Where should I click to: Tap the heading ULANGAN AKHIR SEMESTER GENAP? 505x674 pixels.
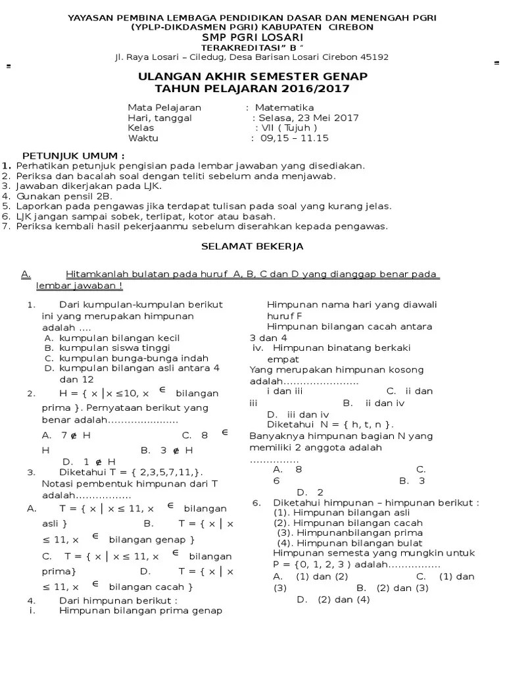coord(252,77)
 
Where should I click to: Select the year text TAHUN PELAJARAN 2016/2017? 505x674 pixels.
coord(252,89)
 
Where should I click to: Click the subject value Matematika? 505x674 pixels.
coord(284,107)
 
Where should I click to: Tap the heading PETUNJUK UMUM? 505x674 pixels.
coord(64,155)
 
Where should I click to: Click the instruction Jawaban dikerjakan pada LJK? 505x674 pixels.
coord(89,186)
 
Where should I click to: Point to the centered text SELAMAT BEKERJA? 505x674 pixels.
coord(252,246)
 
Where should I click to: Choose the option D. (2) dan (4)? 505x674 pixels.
coord(333,599)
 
